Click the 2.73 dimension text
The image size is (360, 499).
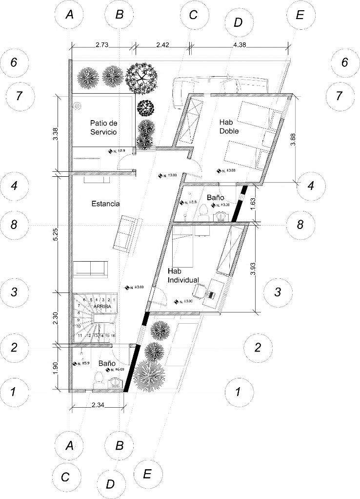(101, 44)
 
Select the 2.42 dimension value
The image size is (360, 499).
(162, 44)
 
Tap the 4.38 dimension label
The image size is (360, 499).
(241, 44)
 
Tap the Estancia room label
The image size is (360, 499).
(105, 204)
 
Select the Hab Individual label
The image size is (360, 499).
(183, 275)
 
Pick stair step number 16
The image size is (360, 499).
(113, 336)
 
